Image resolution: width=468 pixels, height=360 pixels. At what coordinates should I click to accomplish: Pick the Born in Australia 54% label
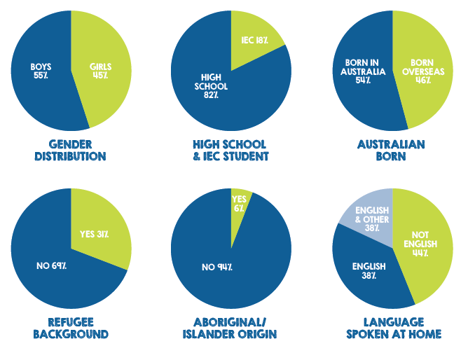[362, 71]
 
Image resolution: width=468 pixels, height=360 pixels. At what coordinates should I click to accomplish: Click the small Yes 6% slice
[239, 203]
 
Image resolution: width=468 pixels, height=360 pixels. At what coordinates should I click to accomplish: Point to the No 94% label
[216, 267]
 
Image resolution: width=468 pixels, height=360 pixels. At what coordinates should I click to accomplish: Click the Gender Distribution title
[70, 150]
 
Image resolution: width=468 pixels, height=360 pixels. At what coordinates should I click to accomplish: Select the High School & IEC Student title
[230, 150]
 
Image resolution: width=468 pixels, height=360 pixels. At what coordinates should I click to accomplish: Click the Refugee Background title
[70, 328]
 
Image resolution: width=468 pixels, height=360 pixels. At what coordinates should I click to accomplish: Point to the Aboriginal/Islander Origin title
[230, 328]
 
